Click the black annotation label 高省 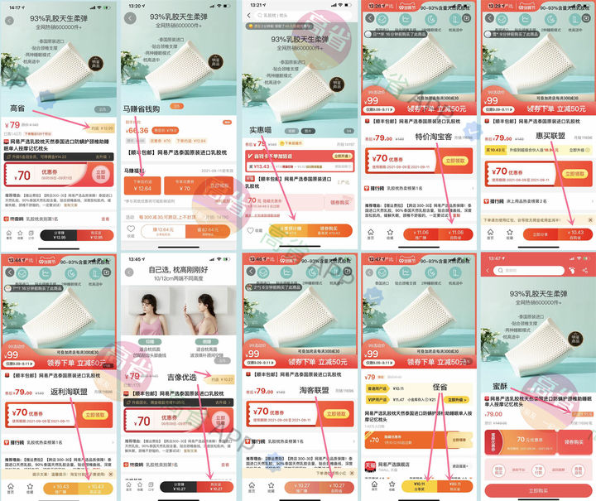tap(17, 108)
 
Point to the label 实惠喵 tap(264, 128)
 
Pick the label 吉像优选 tap(183, 375)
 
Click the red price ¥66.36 tap(137, 130)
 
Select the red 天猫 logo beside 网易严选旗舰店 tap(372, 466)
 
